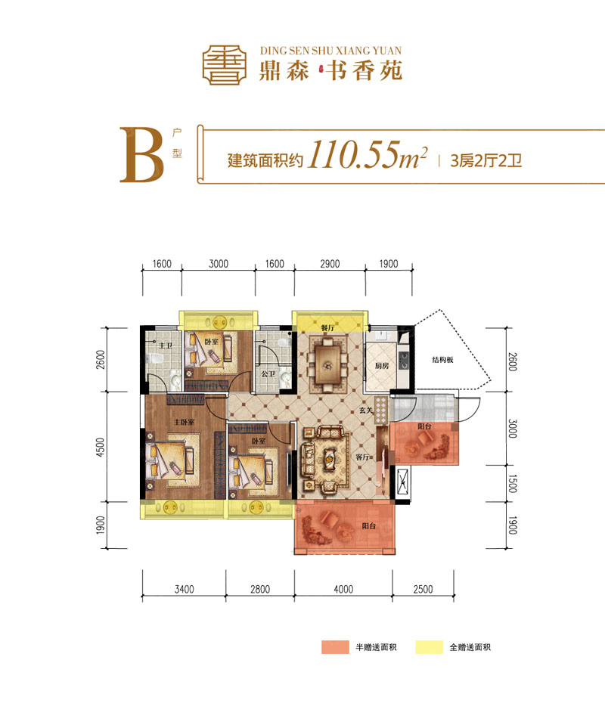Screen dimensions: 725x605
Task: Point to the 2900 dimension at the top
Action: tap(330, 264)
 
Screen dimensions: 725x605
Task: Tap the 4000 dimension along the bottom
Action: tap(343, 589)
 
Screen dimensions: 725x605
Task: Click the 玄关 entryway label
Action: tap(368, 411)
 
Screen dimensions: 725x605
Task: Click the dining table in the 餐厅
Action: tap(329, 364)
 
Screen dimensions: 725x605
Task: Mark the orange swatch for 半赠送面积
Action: tap(334, 648)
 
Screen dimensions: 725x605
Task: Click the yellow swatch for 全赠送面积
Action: tap(429, 648)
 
